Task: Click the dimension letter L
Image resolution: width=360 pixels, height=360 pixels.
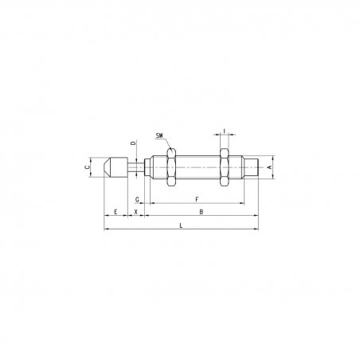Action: point(181,225)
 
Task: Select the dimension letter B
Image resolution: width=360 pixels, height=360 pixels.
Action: point(202,212)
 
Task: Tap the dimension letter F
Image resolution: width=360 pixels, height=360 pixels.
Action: point(197,199)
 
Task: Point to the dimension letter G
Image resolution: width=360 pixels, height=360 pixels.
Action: point(137,199)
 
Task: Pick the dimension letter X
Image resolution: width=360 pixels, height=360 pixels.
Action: point(136,212)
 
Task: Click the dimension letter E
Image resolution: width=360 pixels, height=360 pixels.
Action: point(115,212)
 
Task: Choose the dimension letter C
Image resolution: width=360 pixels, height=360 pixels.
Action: point(87,167)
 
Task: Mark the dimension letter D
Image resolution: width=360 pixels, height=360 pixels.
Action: point(134,143)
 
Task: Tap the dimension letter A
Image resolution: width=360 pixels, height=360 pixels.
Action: point(269,167)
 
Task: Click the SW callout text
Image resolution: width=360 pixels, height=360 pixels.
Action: point(159,135)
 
